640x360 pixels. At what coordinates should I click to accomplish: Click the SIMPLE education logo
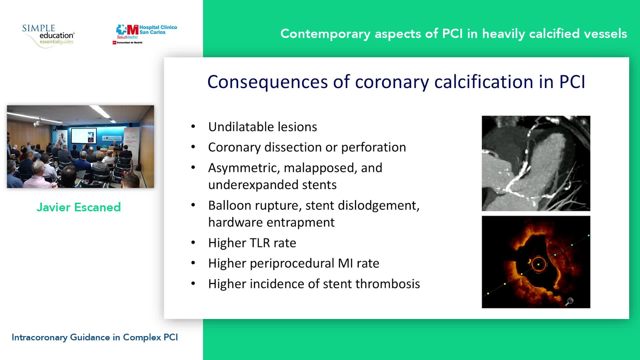[49, 36]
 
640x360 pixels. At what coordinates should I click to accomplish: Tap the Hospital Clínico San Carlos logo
[145, 34]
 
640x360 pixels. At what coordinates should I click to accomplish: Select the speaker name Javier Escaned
[79, 207]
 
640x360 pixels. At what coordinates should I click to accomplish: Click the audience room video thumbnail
[81, 147]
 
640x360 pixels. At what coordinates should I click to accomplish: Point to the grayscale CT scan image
[536, 163]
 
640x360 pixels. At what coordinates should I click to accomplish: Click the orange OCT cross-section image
[536, 262]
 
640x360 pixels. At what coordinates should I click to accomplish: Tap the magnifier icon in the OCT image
[569, 301]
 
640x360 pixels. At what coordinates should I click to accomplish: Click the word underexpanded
[253, 185]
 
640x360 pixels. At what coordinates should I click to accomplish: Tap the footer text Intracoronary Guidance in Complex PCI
[95, 337]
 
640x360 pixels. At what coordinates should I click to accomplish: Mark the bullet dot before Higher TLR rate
[193, 243]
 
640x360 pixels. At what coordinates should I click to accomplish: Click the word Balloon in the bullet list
[230, 206]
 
